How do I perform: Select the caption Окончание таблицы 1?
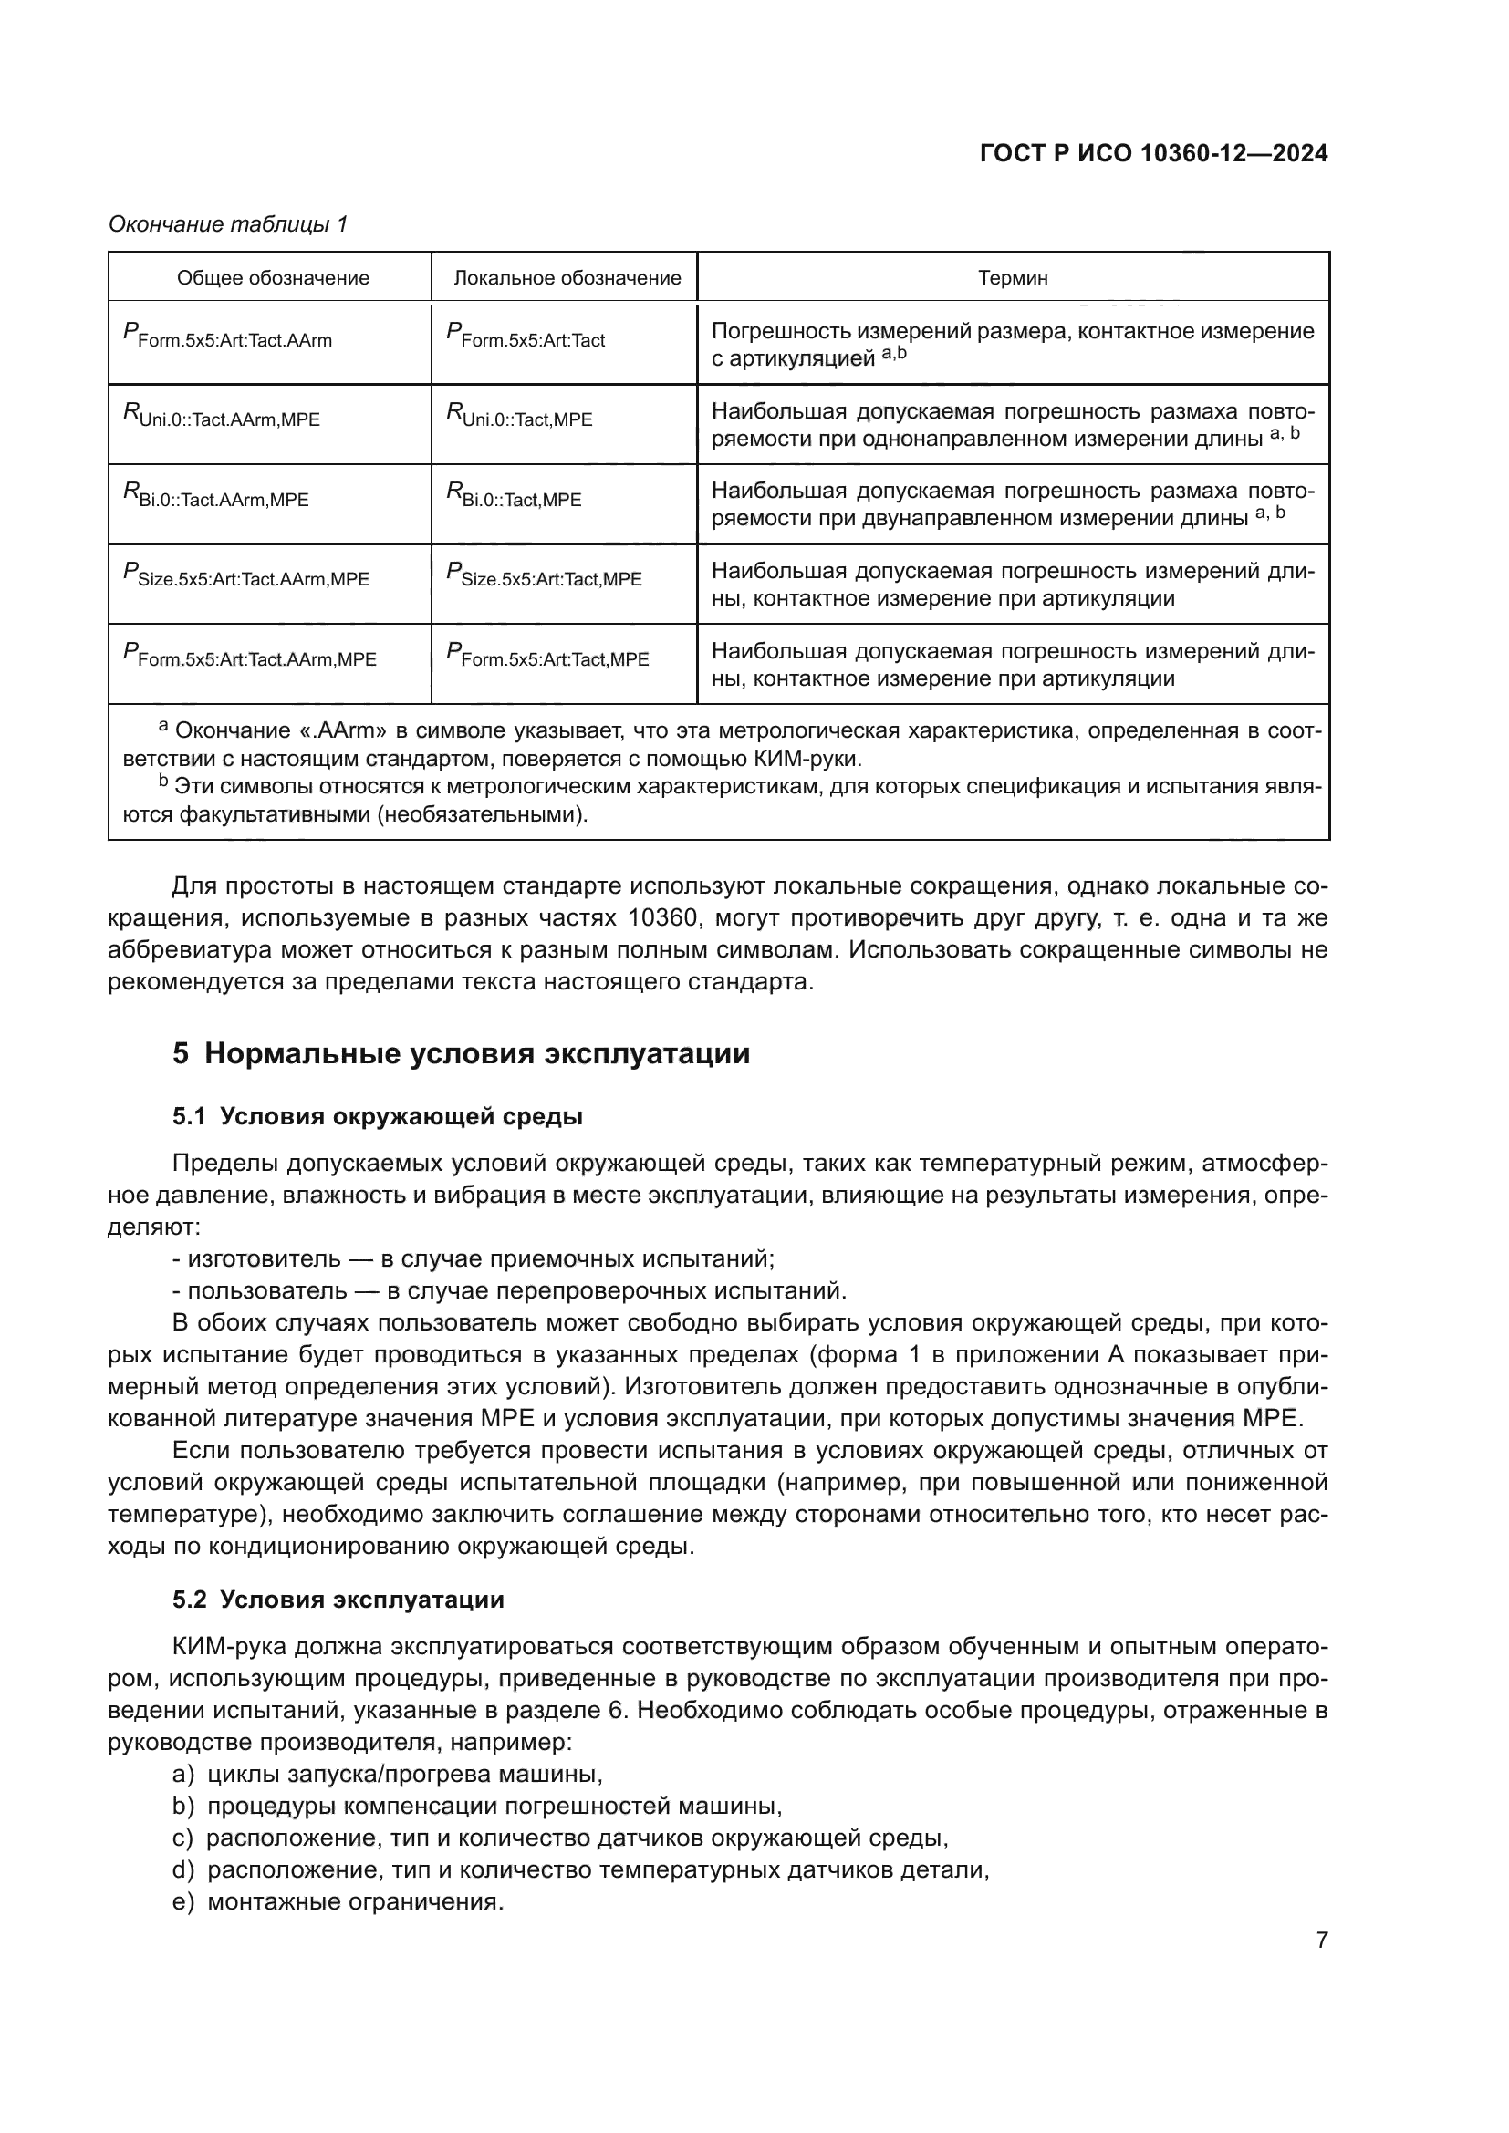tap(228, 224)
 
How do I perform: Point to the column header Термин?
tap(1013, 278)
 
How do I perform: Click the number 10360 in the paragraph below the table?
tap(662, 919)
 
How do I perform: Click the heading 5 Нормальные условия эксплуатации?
tap(461, 1054)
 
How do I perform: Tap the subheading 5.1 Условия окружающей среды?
tap(378, 1117)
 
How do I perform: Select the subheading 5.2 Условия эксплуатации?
tap(338, 1600)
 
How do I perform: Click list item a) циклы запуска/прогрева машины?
tap(388, 1775)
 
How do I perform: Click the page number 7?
tap(1321, 1940)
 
